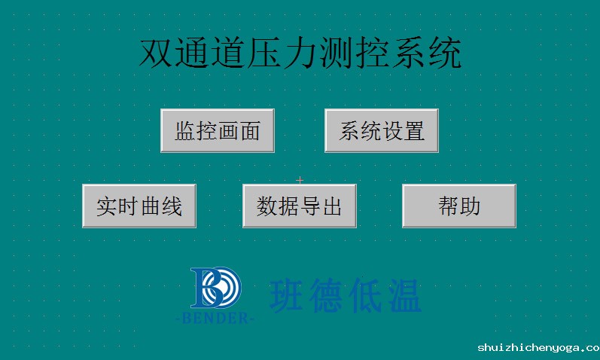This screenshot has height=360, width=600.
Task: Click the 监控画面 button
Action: click(x=218, y=130)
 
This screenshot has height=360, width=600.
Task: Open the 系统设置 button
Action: click(x=382, y=130)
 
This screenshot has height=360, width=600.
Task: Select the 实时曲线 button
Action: click(x=139, y=206)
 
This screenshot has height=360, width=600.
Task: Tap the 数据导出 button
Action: click(x=300, y=206)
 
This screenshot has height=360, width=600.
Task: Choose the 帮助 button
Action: click(x=459, y=206)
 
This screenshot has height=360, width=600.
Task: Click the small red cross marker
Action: click(x=300, y=179)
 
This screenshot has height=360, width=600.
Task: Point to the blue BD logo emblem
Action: click(x=216, y=288)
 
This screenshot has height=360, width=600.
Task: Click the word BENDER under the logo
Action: click(x=215, y=318)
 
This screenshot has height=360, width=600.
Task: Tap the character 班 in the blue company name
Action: click(x=287, y=295)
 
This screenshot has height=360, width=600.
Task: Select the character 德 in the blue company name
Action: click(x=326, y=295)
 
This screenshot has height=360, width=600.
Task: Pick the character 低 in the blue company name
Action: click(x=365, y=295)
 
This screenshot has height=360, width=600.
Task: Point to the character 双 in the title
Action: click(x=155, y=53)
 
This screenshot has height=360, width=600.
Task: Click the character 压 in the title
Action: click(x=263, y=53)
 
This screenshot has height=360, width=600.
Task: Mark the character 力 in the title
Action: click(x=300, y=53)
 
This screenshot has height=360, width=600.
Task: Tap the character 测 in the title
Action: click(x=336, y=53)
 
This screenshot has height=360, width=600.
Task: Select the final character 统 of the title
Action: click(x=445, y=53)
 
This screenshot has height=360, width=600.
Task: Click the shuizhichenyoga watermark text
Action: click(x=539, y=348)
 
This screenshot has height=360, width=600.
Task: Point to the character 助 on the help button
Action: click(x=471, y=206)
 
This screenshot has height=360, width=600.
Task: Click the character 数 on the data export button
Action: click(x=267, y=206)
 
